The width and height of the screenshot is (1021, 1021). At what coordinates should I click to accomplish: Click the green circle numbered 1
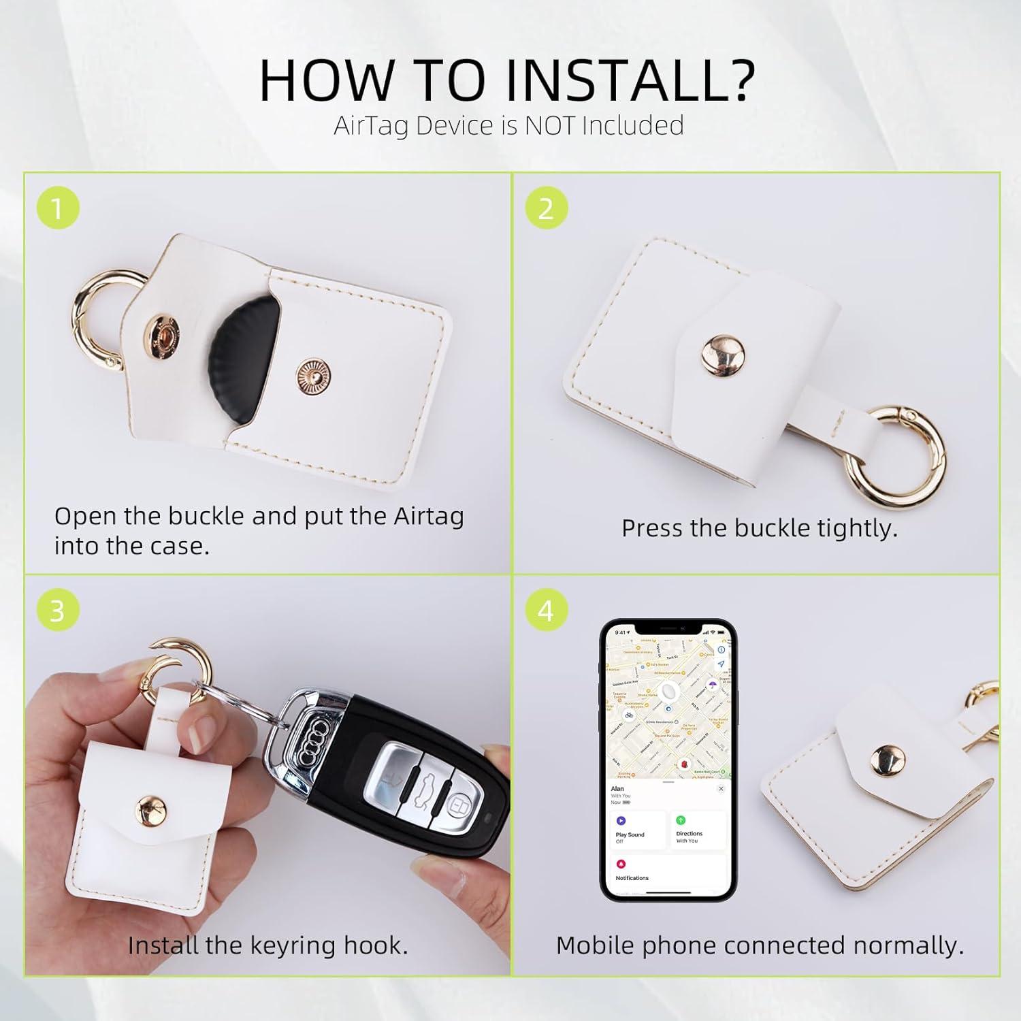pyautogui.click(x=58, y=208)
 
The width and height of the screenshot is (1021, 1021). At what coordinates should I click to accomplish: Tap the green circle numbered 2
pyautogui.click(x=546, y=208)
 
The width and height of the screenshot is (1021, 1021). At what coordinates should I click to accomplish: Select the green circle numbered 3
pyautogui.click(x=58, y=610)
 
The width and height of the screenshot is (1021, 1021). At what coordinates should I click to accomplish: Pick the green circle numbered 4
pyautogui.click(x=546, y=610)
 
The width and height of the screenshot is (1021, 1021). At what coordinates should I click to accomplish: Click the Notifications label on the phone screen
pyautogui.click(x=632, y=877)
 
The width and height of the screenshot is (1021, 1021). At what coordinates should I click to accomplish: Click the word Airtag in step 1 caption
pyautogui.click(x=429, y=517)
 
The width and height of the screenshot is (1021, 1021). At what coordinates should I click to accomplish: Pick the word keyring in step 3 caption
pyautogui.click(x=292, y=945)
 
